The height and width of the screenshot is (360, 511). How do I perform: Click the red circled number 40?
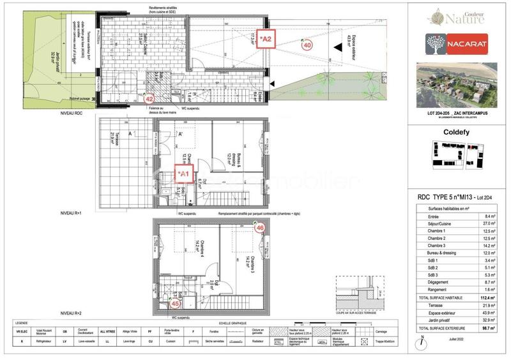pyautogui.click(x=307, y=45)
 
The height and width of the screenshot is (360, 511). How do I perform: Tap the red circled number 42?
pyautogui.click(x=149, y=99)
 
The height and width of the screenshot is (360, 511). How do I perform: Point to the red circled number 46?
pyautogui.click(x=260, y=228)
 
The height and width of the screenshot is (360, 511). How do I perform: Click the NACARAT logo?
pyautogui.click(x=457, y=43)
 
